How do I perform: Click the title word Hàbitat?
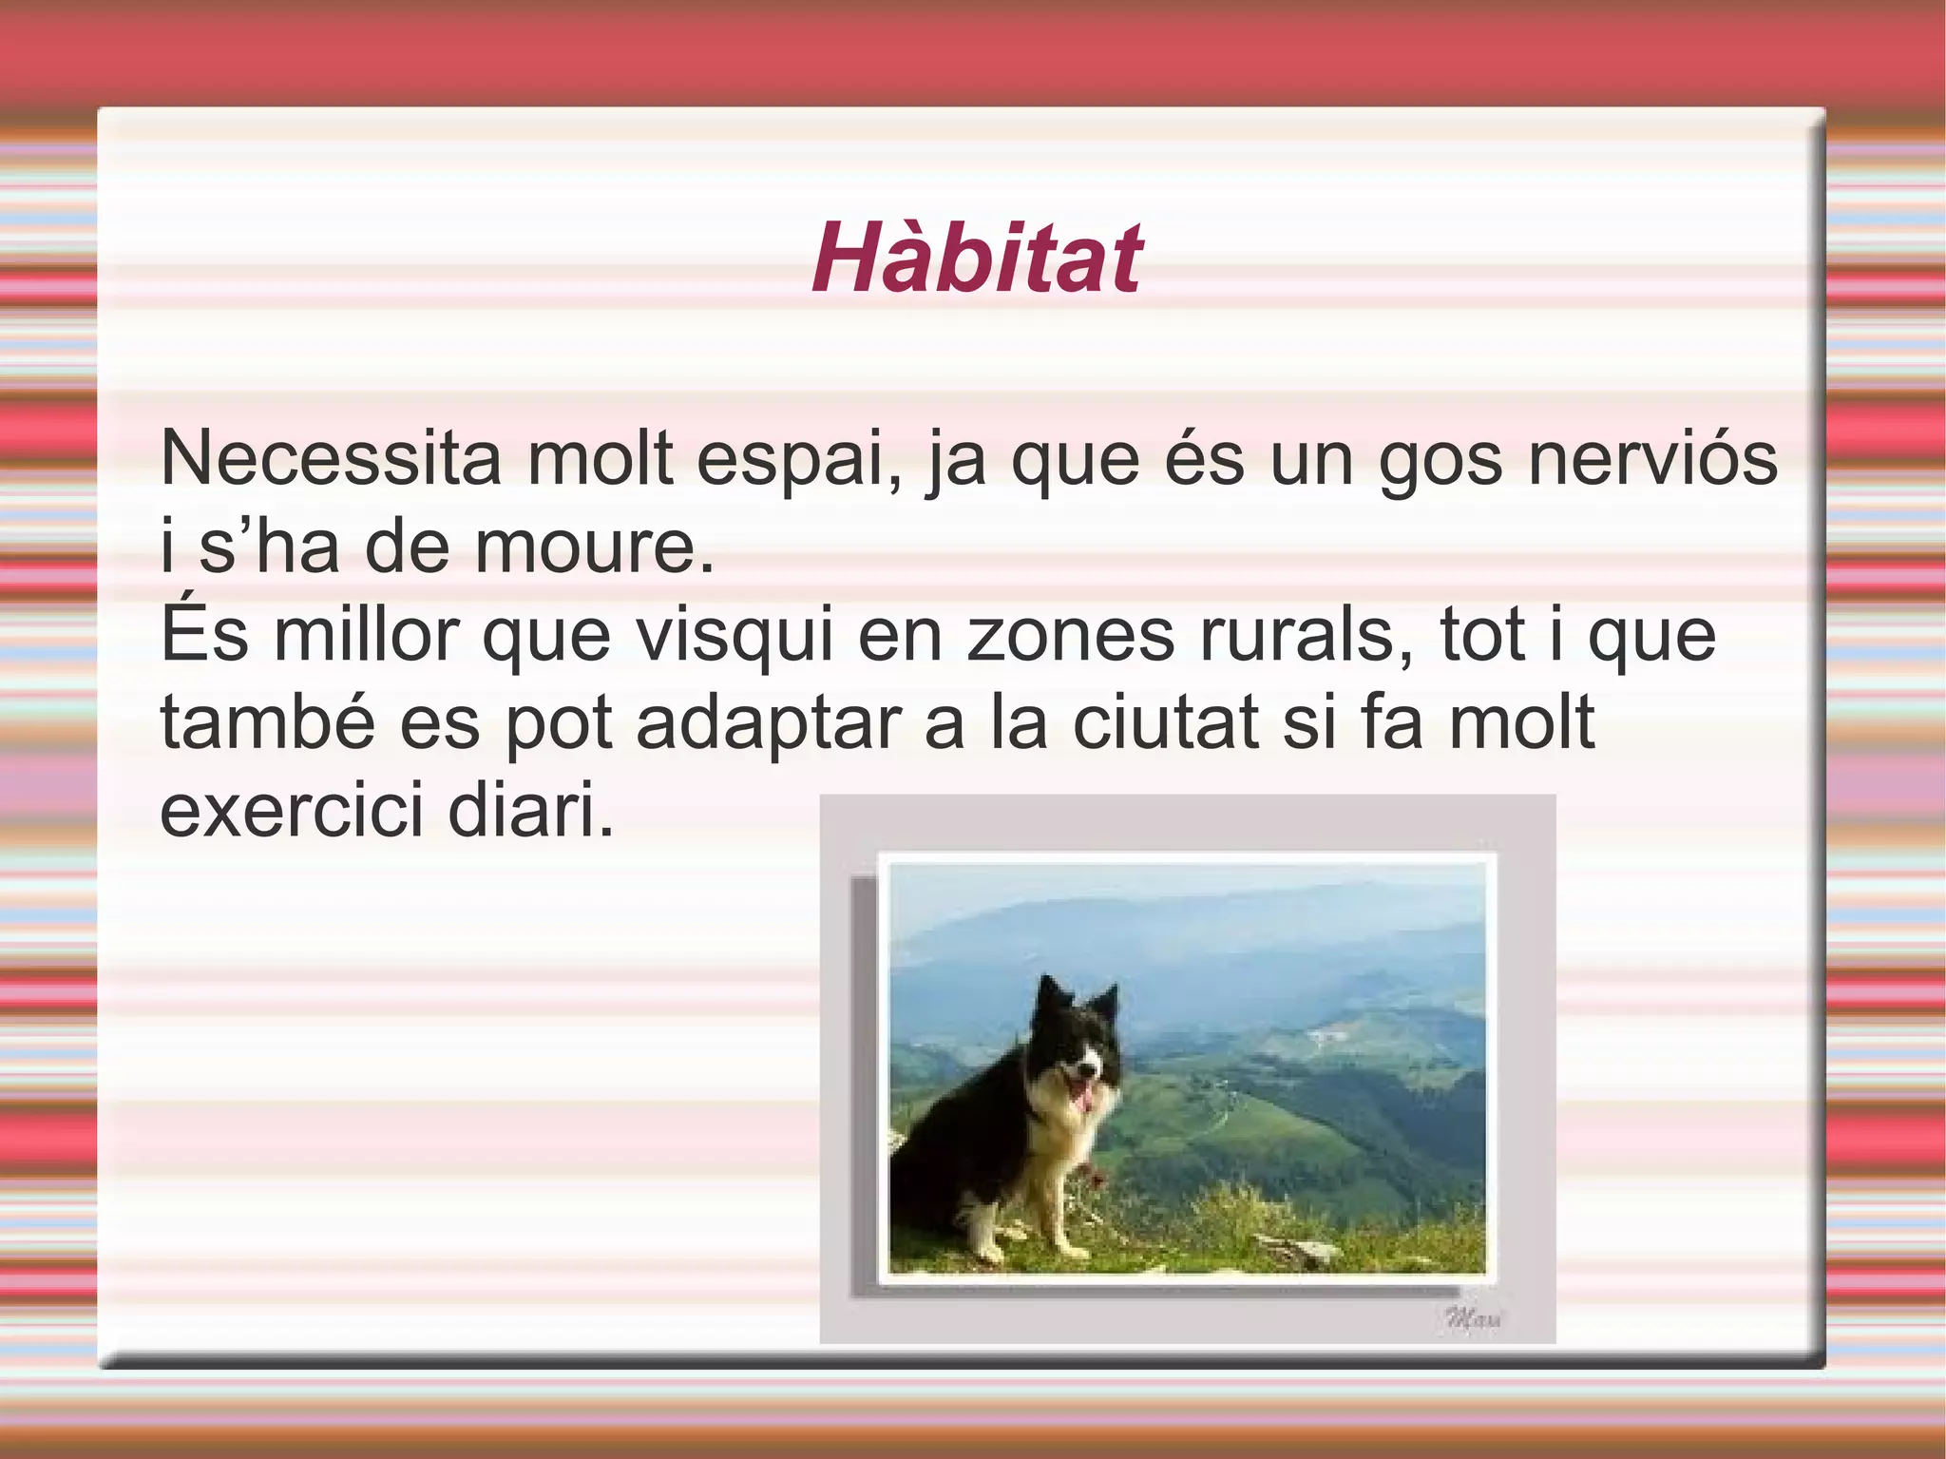click(976, 259)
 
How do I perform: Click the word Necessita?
click(330, 459)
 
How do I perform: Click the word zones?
click(1070, 637)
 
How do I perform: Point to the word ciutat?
click(1165, 722)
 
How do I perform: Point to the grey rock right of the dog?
click(1302, 1253)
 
